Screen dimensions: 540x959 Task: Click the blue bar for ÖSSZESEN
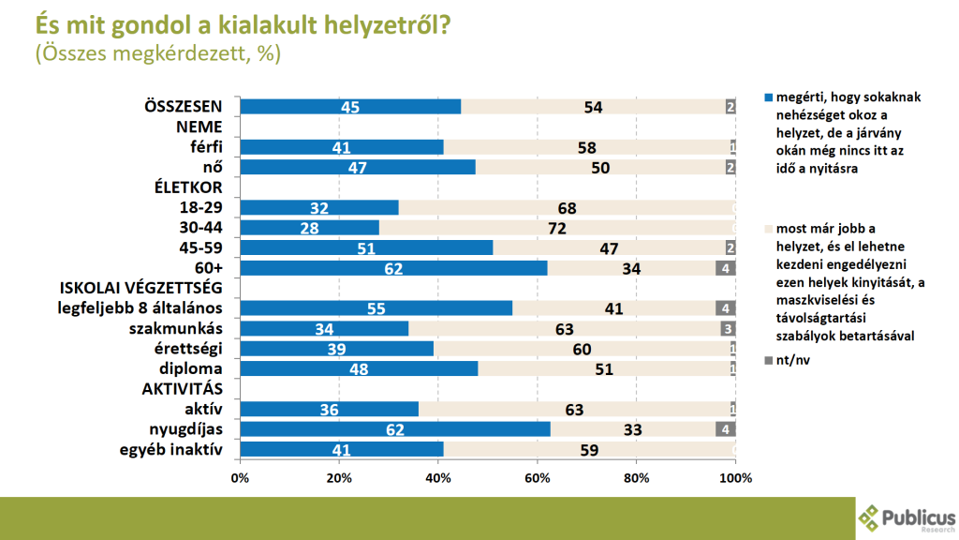(350, 107)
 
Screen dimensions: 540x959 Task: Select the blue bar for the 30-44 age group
(309, 228)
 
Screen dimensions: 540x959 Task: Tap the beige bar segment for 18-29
(567, 207)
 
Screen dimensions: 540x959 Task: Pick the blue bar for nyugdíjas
(394, 429)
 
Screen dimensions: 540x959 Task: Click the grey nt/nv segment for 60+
(726, 268)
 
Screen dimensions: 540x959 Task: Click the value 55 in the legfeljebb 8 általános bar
(375, 308)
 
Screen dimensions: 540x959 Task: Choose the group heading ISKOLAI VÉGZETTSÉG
(141, 288)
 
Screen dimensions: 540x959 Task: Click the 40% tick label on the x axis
(438, 478)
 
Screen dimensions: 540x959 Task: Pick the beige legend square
(770, 228)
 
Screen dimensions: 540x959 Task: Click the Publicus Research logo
(907, 517)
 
